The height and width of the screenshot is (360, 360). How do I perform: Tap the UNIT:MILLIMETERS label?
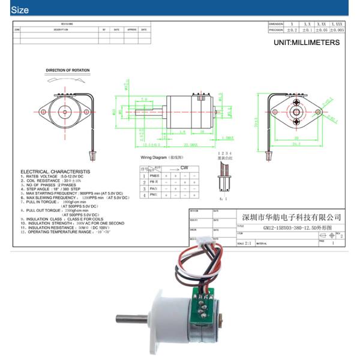click(306, 43)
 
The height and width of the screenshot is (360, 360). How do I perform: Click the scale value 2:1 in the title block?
click(245, 244)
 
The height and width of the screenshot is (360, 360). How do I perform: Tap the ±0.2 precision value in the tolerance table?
click(292, 29)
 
